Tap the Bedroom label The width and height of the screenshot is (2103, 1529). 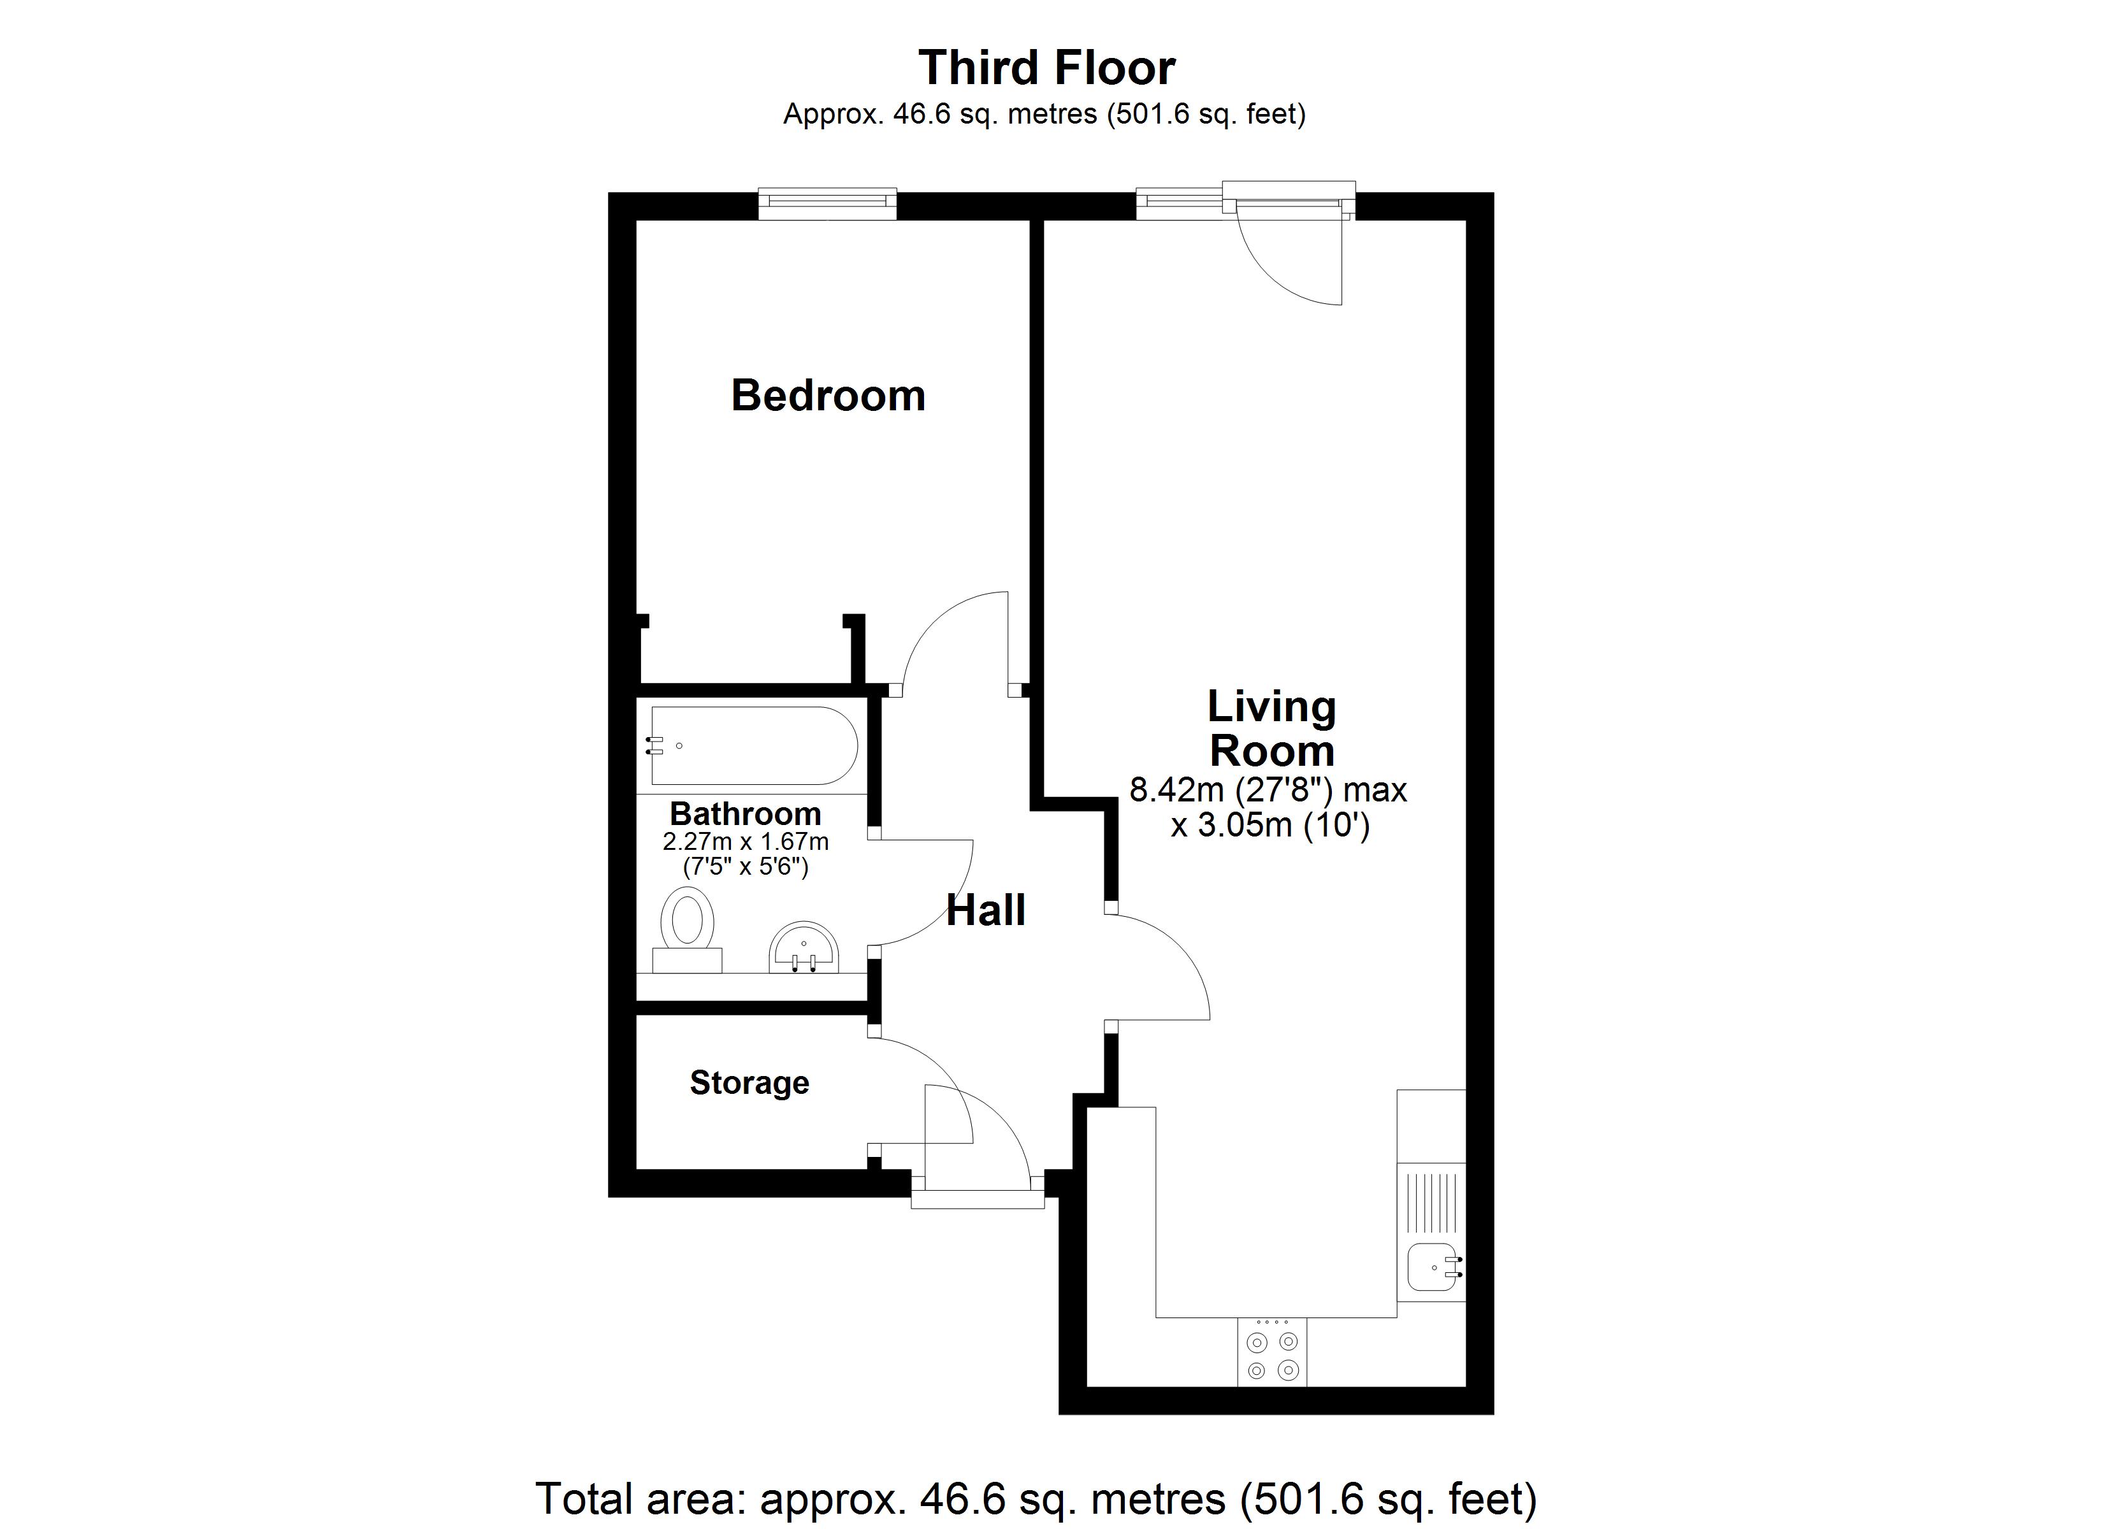(x=828, y=396)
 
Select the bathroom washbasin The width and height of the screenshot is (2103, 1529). (x=804, y=947)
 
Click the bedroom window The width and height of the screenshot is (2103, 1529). (x=827, y=203)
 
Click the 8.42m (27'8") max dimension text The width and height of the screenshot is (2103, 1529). (x=1268, y=790)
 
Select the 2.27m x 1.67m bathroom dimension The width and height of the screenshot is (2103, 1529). (x=746, y=842)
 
